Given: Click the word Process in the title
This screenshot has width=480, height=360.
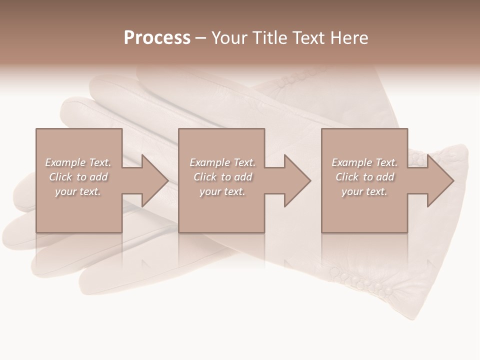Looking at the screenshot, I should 157,38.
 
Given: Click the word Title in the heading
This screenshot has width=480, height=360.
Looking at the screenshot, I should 269,38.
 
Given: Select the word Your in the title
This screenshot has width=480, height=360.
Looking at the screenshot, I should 230,38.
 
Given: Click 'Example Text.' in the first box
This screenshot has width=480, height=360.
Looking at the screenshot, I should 78,162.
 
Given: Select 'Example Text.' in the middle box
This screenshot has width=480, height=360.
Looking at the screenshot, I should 222,162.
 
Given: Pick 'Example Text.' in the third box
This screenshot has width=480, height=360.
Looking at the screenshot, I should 364,162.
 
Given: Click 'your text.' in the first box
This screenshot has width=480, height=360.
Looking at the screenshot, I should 78,191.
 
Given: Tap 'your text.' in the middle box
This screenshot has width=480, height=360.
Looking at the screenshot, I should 222,191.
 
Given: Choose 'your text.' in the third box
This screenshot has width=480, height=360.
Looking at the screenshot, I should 364,191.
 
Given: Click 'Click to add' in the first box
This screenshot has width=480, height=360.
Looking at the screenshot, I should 78,177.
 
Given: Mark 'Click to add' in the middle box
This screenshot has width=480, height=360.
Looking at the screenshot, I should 222,177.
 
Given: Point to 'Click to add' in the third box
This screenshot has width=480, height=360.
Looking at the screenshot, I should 364,177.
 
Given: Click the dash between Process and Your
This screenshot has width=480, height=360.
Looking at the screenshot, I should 200,38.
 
